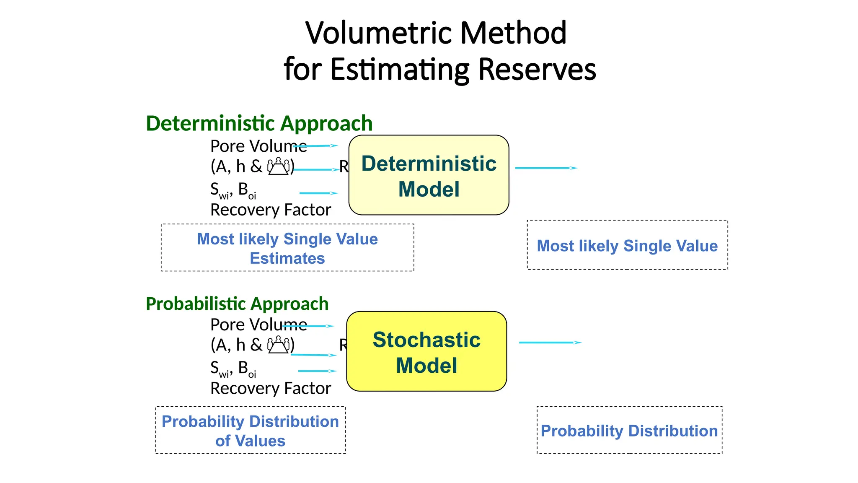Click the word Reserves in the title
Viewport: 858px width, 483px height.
pyautogui.click(x=537, y=69)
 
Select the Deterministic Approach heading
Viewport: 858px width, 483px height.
pyautogui.click(x=259, y=123)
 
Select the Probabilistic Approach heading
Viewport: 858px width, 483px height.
pyautogui.click(x=237, y=304)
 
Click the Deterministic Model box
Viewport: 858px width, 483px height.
pyautogui.click(x=429, y=175)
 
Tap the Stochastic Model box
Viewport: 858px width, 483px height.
pyautogui.click(x=426, y=351)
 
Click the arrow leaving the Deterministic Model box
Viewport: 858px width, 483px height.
pyautogui.click(x=546, y=168)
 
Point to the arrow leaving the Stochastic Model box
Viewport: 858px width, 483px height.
pyautogui.click(x=550, y=343)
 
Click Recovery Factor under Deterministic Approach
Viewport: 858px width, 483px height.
pyautogui.click(x=270, y=210)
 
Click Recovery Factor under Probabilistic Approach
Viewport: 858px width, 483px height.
pyautogui.click(x=270, y=388)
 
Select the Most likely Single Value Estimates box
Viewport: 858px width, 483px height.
pyautogui.click(x=287, y=248)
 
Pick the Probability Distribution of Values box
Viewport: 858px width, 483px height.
pyautogui.click(x=250, y=430)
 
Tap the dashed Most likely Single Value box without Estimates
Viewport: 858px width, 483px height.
pyautogui.click(x=627, y=245)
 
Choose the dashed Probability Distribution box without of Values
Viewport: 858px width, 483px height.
pyautogui.click(x=629, y=430)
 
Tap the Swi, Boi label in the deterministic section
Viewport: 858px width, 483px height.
pyautogui.click(x=233, y=190)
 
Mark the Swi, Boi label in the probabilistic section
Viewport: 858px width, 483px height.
pyautogui.click(x=233, y=369)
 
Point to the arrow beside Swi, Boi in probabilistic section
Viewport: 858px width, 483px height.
pyautogui.click(x=317, y=371)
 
